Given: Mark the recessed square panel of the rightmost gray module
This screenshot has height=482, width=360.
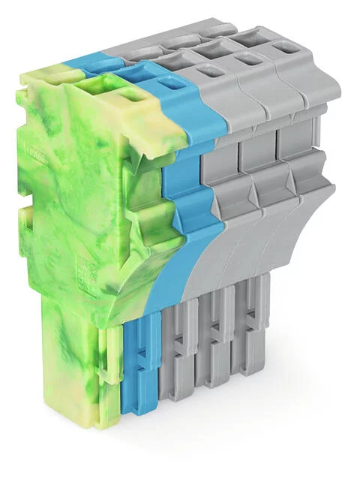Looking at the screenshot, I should click(294, 134).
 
